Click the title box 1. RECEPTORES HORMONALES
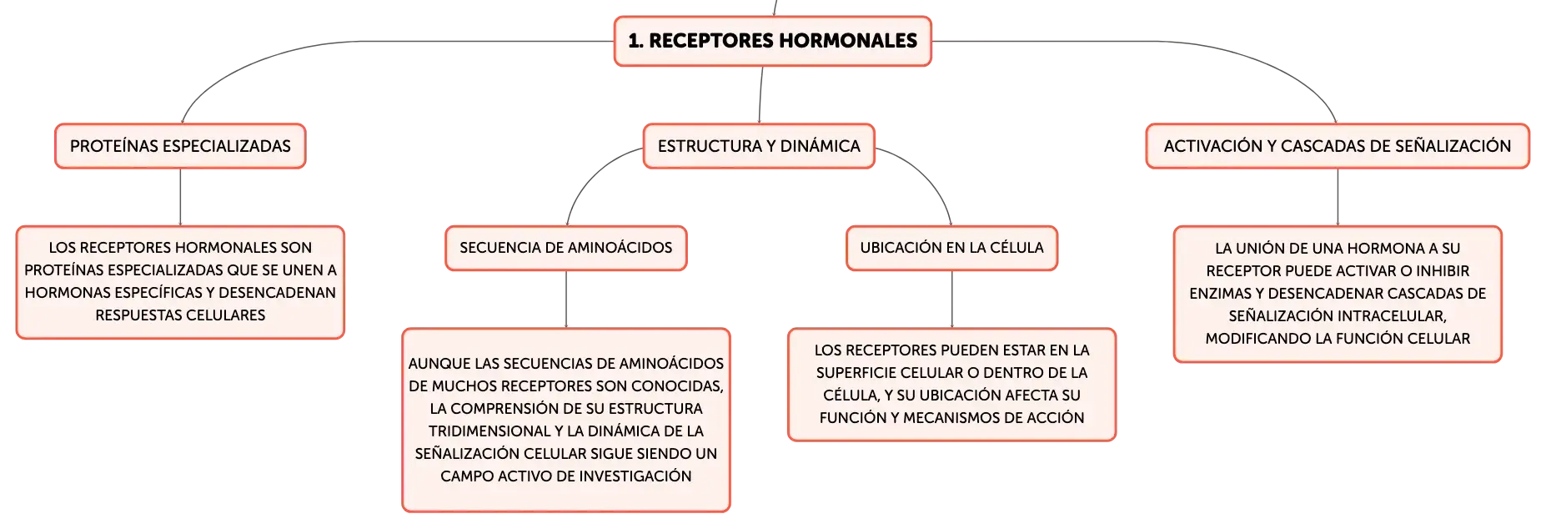[x=772, y=41]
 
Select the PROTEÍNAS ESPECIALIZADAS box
[x=180, y=146]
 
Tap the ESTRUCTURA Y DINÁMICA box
[x=759, y=146]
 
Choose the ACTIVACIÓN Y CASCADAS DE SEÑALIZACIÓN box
[x=1338, y=146]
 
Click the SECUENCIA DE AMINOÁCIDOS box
[x=566, y=248]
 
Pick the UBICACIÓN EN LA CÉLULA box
[x=951, y=248]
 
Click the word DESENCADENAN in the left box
[x=278, y=293]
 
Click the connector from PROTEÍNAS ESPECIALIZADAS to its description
[x=180, y=197]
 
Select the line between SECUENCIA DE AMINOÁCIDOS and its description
[x=566, y=300]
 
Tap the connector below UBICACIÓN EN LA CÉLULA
[x=951, y=300]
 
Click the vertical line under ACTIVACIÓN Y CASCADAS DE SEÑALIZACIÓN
[x=1338, y=197]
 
